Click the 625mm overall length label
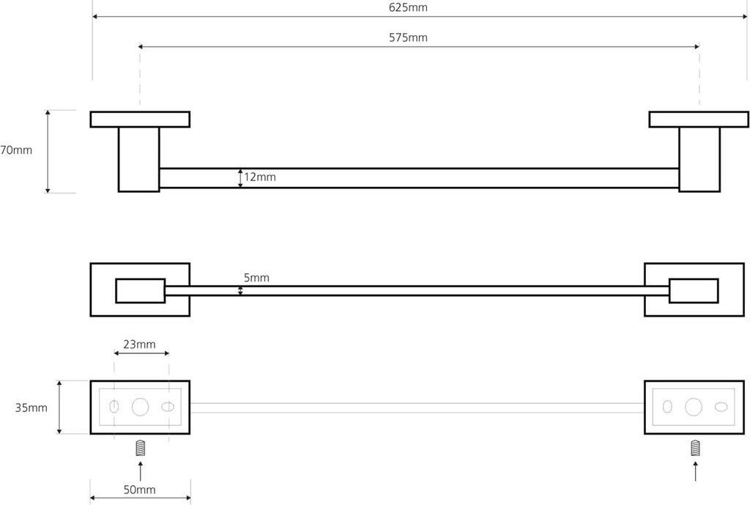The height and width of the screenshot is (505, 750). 408,7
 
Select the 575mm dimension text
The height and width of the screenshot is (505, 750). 408,37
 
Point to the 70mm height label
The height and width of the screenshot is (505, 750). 16,150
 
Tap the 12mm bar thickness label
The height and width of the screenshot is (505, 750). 260,177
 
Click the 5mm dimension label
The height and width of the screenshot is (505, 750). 256,278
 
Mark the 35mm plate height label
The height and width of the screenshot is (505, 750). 31,408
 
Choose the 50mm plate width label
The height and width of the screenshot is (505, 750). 140,490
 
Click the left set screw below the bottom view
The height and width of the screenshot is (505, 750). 141,448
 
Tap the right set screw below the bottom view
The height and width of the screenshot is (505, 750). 694,448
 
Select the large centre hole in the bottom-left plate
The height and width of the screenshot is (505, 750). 141,408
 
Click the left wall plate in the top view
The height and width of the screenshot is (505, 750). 140,119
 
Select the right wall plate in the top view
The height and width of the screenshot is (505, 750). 699,119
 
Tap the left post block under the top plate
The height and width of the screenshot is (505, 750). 139,160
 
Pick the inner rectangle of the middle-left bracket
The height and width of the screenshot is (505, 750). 140,290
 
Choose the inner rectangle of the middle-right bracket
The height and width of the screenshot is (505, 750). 694,290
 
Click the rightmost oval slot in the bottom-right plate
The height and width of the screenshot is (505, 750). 721,408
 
